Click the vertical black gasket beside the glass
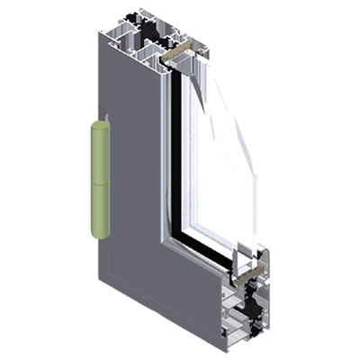[x=176, y=153]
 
